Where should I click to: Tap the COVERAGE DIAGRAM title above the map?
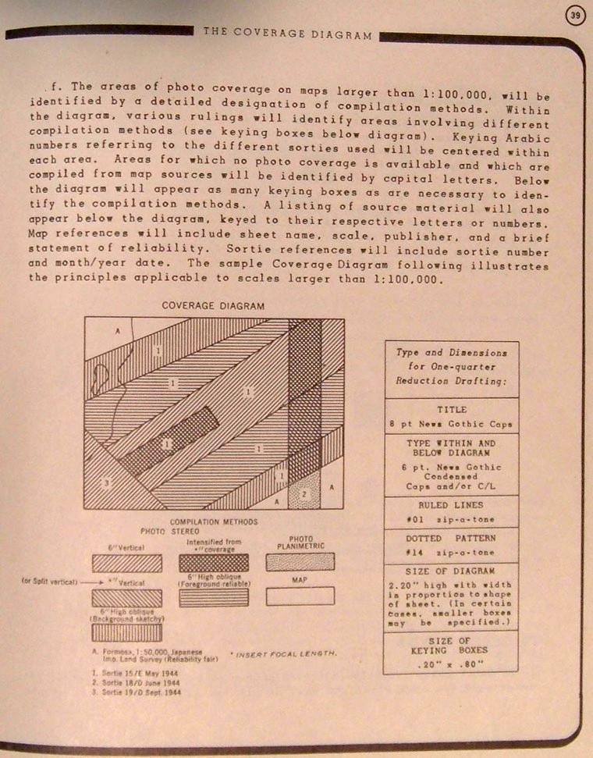[213, 306]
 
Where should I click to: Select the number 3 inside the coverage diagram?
[107, 483]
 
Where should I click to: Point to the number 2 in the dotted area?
[305, 494]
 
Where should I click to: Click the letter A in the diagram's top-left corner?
[118, 331]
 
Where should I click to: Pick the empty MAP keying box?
[300, 596]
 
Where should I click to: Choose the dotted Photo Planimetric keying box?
[300, 562]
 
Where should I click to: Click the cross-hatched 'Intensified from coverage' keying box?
[213, 563]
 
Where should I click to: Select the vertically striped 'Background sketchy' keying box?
[126, 632]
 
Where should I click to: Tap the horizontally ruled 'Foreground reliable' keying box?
[213, 597]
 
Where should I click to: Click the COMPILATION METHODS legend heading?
[213, 521]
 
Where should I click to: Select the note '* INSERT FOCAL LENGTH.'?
[283, 652]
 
